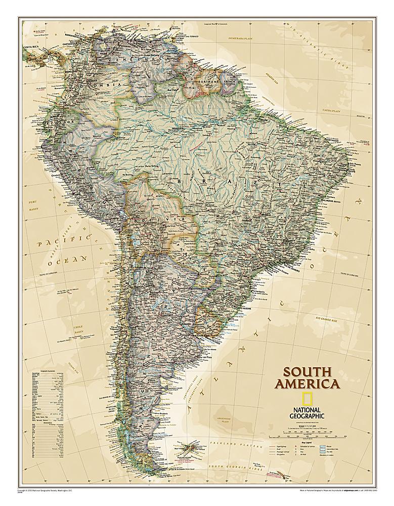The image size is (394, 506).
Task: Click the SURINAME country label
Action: (207, 81)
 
